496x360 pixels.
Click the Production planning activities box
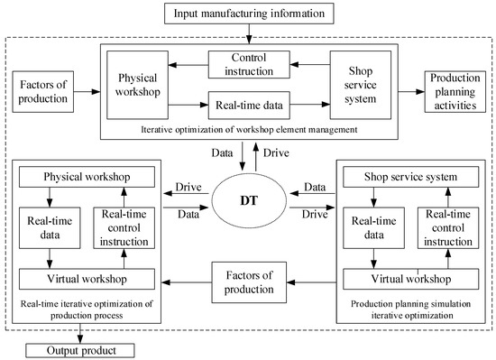tap(458, 90)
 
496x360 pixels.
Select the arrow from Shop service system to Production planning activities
tap(408, 90)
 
